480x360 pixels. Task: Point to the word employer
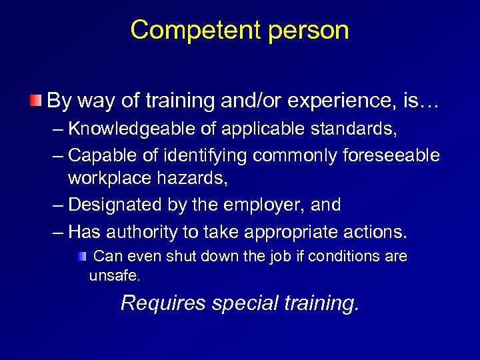[x=263, y=205]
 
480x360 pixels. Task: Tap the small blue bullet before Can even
[x=81, y=256]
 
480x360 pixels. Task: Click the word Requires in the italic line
[x=163, y=303]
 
